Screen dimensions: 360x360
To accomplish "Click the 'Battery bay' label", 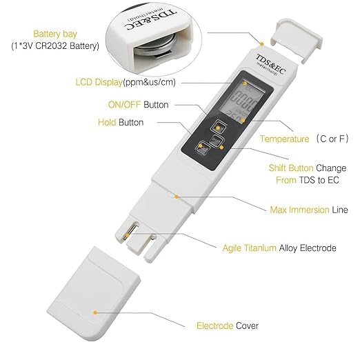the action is [x=55, y=34].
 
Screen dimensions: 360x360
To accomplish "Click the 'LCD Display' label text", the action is [x=99, y=82].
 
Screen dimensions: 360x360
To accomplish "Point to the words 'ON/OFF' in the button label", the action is [x=124, y=105].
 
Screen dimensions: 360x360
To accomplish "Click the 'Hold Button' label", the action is [x=121, y=122].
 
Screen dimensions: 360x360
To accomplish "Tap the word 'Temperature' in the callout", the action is [x=284, y=139].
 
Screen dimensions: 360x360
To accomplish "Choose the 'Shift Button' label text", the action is [x=291, y=168].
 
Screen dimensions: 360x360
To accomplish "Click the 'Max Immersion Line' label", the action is [x=309, y=210].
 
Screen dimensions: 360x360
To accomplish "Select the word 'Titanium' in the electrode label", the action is [x=260, y=248].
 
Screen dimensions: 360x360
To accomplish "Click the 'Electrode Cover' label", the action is [x=228, y=326].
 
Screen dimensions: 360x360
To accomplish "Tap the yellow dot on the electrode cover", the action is [x=95, y=312].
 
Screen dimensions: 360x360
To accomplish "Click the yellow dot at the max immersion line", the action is [x=177, y=197].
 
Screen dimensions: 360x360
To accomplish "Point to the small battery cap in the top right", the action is [x=297, y=40].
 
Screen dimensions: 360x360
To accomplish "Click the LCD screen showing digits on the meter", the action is [x=243, y=100].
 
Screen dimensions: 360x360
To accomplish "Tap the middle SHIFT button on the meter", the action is [x=217, y=139].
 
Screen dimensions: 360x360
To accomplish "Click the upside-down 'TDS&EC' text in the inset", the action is [x=151, y=20].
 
